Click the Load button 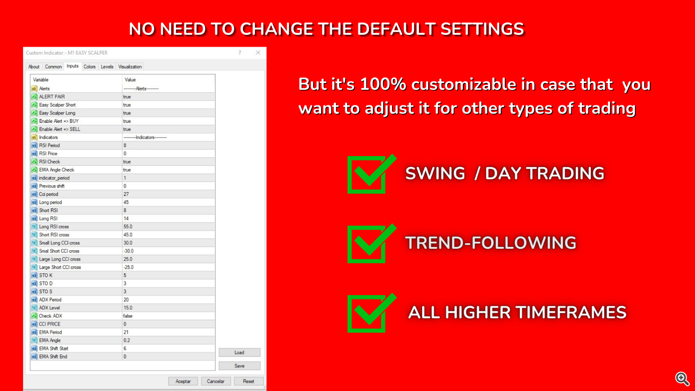click(x=239, y=353)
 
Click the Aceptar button click(x=183, y=381)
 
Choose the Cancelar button click(x=215, y=381)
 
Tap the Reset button click(x=248, y=381)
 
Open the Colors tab click(x=89, y=67)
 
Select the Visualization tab click(x=130, y=67)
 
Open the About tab click(x=34, y=67)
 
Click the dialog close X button click(x=258, y=53)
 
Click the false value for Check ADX click(x=128, y=316)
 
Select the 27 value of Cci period click(x=126, y=194)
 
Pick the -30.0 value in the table click(x=128, y=251)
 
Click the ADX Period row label click(x=50, y=300)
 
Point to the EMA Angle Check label click(x=57, y=170)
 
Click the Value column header click(x=130, y=80)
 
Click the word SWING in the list click(x=435, y=173)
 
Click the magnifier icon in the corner click(x=682, y=378)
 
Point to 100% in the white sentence click(x=383, y=84)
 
